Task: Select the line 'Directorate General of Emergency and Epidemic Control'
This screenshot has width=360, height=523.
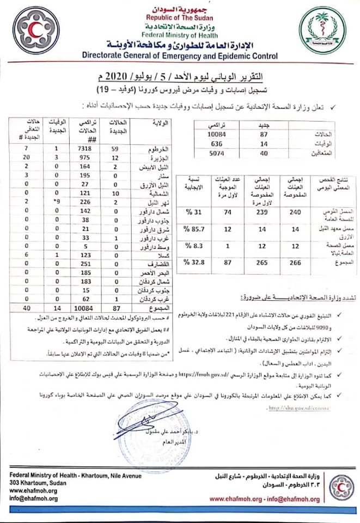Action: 180,56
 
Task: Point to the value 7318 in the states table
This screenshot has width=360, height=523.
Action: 87,148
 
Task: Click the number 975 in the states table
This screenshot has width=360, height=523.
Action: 87,157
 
